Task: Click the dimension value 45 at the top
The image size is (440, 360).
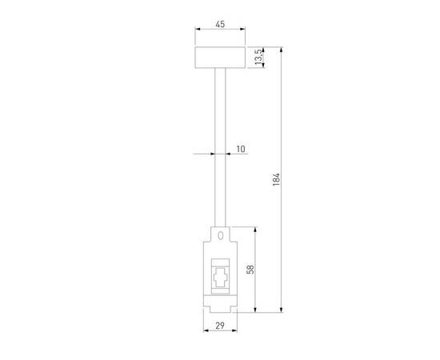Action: pos(220,25)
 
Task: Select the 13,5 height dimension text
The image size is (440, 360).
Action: pos(257,58)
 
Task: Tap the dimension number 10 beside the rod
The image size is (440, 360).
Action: pos(241,150)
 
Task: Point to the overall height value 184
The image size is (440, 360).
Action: pos(276,180)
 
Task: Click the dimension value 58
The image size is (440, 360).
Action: pos(250,270)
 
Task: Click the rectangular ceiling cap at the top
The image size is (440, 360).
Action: pos(220,58)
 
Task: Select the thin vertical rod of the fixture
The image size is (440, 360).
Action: pos(220,144)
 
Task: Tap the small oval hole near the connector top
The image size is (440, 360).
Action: pos(220,236)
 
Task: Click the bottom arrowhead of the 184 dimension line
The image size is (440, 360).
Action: pos(282,310)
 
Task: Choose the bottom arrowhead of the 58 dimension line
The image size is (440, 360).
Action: pos(255,310)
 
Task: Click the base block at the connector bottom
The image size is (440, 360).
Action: pos(220,303)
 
